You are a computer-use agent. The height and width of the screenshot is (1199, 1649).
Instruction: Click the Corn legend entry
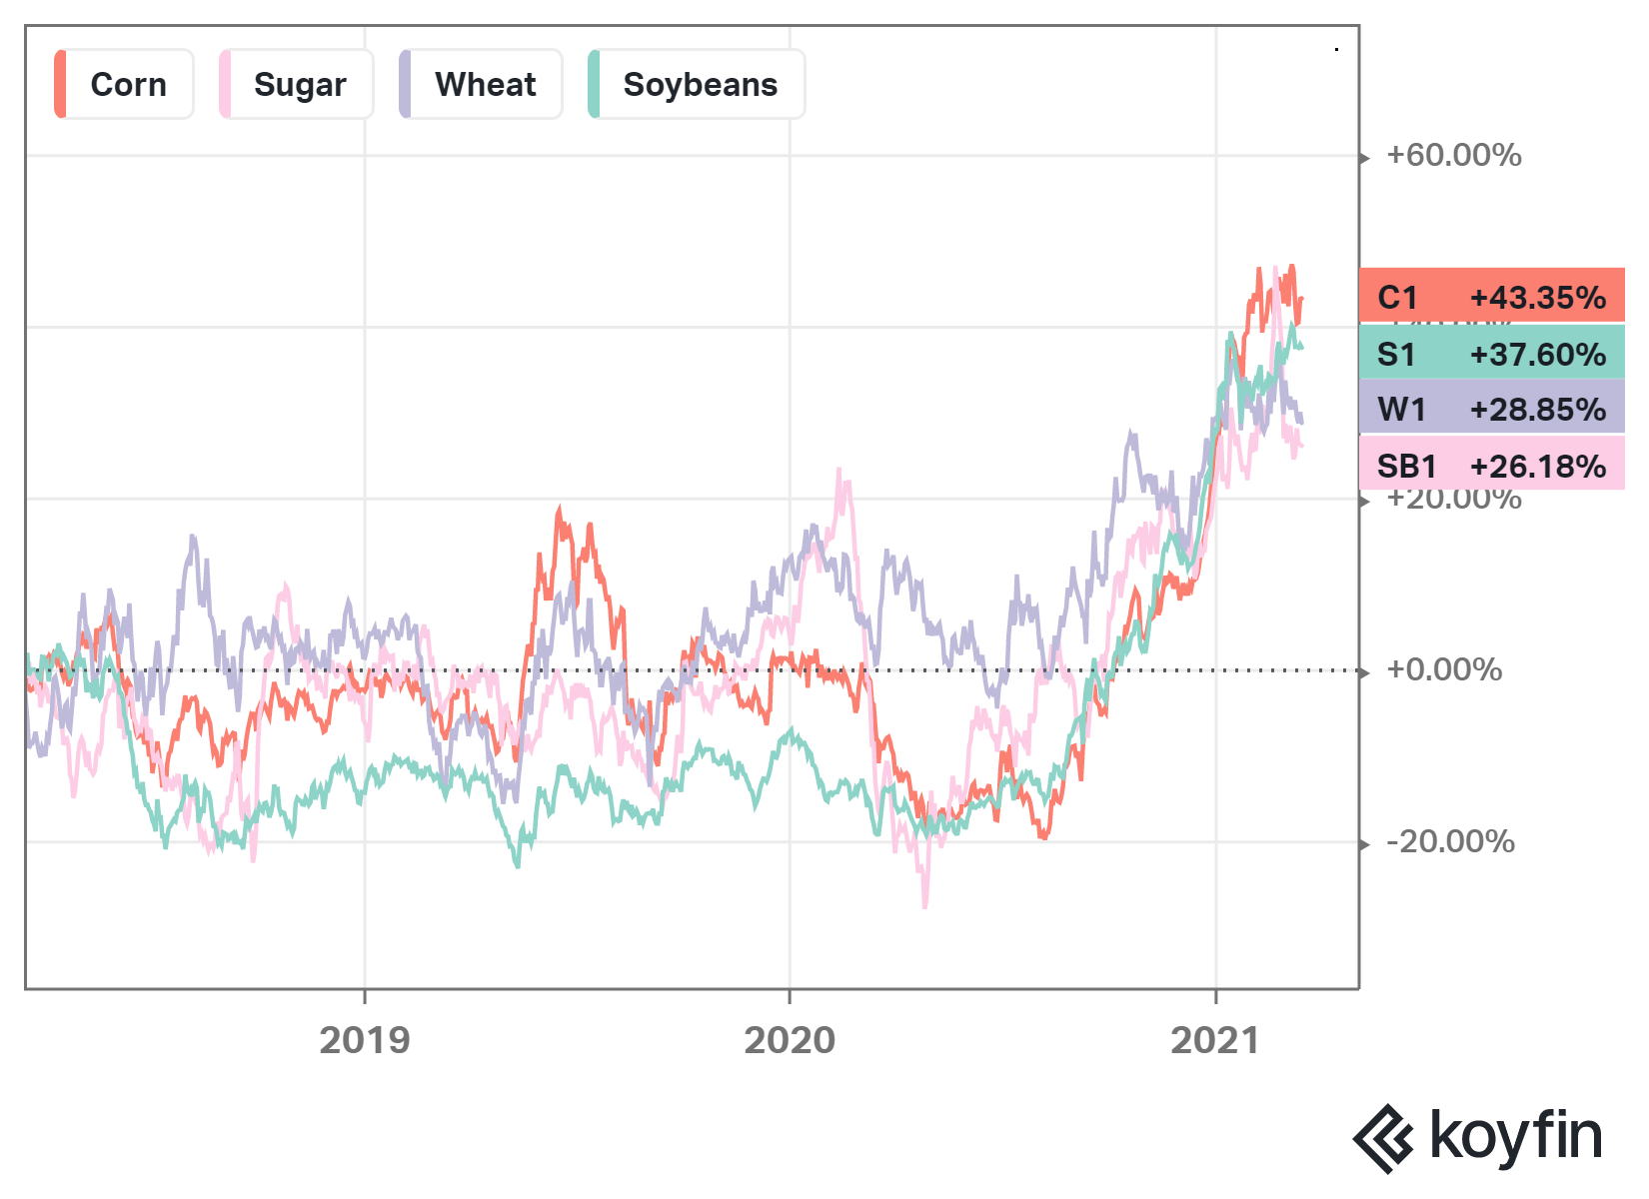(124, 85)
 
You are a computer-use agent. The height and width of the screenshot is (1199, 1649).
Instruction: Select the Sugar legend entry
(297, 85)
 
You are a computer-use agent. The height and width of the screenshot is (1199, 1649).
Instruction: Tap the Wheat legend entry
(482, 85)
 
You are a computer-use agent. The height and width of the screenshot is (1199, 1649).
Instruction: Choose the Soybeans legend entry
(698, 85)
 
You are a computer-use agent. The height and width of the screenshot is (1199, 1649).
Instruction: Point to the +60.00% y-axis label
(1453, 155)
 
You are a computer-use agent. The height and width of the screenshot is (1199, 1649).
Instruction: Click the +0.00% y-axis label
(1443, 669)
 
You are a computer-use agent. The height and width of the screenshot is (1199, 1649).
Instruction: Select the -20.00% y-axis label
(1450, 841)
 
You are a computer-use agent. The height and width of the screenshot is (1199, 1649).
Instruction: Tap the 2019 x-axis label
(365, 1040)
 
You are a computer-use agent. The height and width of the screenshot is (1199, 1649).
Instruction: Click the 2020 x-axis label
(790, 1040)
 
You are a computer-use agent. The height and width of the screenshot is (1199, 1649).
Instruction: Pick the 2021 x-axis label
(1215, 1040)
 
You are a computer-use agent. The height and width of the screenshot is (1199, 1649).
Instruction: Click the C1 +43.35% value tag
(1491, 297)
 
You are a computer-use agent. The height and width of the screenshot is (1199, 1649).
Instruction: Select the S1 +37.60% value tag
(1491, 354)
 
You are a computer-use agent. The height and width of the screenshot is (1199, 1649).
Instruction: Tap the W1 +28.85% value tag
(1491, 409)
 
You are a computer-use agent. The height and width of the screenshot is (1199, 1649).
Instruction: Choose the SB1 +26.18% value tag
(1491, 466)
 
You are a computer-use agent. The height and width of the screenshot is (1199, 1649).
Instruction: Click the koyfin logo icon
(1383, 1138)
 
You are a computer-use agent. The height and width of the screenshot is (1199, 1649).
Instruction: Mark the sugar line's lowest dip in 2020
(924, 905)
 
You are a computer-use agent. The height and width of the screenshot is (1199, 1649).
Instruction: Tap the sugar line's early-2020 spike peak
(839, 470)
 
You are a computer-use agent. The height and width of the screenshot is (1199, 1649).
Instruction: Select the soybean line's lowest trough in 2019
(517, 865)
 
